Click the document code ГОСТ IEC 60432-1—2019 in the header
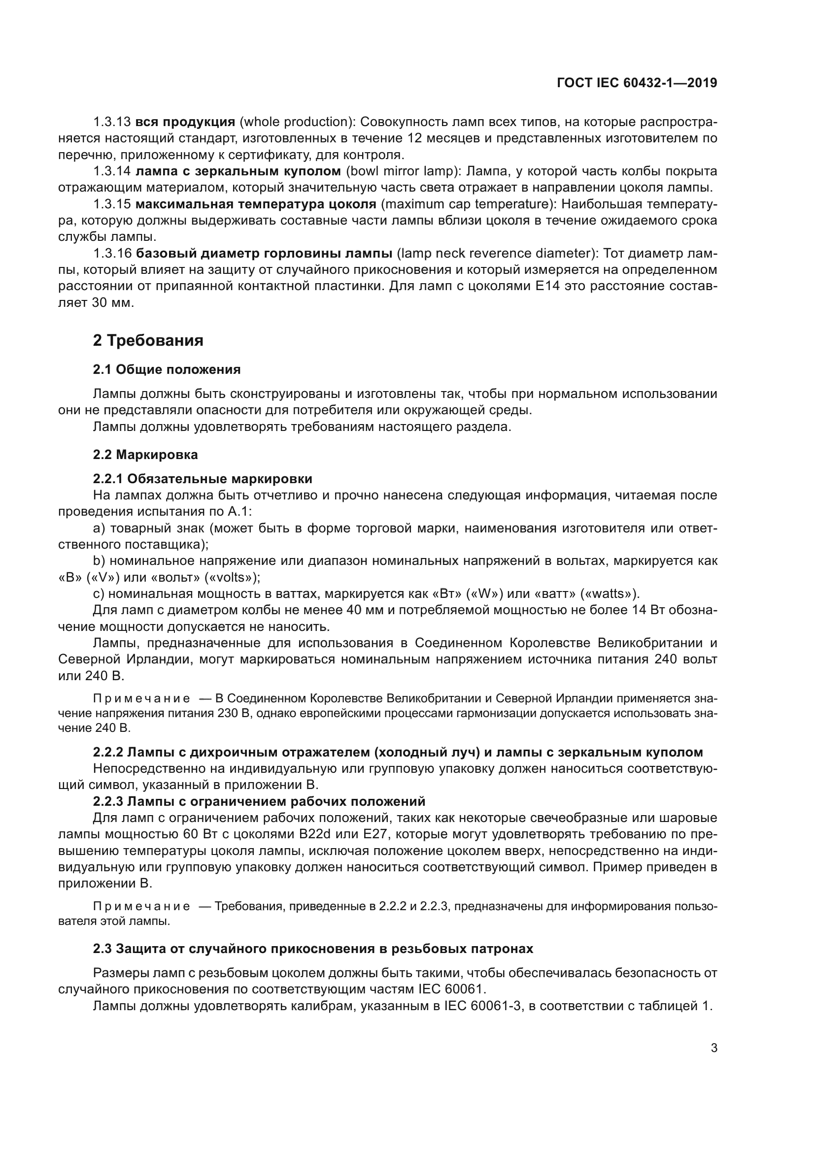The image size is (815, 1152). (637, 83)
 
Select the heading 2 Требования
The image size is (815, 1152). (148, 340)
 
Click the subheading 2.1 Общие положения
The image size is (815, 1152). (167, 370)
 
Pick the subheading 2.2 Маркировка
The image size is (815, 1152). (145, 455)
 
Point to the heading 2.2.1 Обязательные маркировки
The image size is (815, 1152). (202, 478)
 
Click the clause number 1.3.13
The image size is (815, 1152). (112, 122)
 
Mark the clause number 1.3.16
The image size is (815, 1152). (112, 253)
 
